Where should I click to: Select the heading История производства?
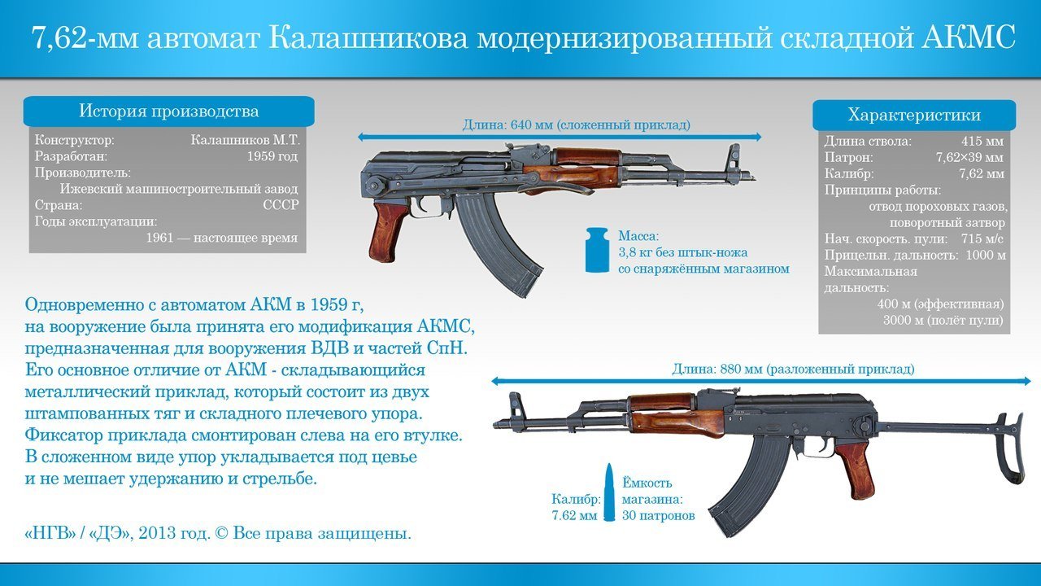168,112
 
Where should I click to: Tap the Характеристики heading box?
913,115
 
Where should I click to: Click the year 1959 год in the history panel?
272,156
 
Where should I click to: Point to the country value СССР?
281,205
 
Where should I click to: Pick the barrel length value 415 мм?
982,141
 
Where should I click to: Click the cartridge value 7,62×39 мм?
970,157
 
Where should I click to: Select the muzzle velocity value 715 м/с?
982,238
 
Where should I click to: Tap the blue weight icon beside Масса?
597,250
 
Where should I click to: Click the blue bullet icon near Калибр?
609,492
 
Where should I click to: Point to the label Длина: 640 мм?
507,125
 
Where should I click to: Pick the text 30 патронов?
659,516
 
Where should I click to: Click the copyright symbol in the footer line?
222,533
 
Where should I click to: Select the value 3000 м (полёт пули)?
943,321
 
